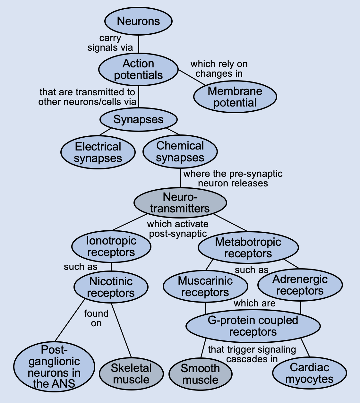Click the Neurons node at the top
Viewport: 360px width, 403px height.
coord(139,21)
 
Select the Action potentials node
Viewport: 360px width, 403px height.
coord(139,69)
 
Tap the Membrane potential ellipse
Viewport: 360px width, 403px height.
coord(235,97)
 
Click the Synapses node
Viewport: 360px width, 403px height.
coord(139,120)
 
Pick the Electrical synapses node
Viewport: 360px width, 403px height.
coord(98,152)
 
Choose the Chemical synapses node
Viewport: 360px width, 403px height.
coord(180,151)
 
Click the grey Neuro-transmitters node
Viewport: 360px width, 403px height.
coord(180,202)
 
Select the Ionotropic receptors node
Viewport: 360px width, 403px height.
coord(111,246)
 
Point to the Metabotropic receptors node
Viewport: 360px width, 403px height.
coord(248,247)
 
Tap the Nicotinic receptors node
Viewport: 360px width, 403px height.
coord(111,287)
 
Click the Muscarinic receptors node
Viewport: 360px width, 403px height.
coord(205,287)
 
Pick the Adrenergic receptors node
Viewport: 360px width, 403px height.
coord(300,285)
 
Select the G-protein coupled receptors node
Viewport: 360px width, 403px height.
coord(253,326)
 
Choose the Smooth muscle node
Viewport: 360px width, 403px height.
coord(200,374)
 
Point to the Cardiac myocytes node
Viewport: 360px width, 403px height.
coord(309,373)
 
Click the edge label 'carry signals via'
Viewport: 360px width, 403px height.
coord(110,43)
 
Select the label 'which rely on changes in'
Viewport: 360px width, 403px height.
coord(219,69)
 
